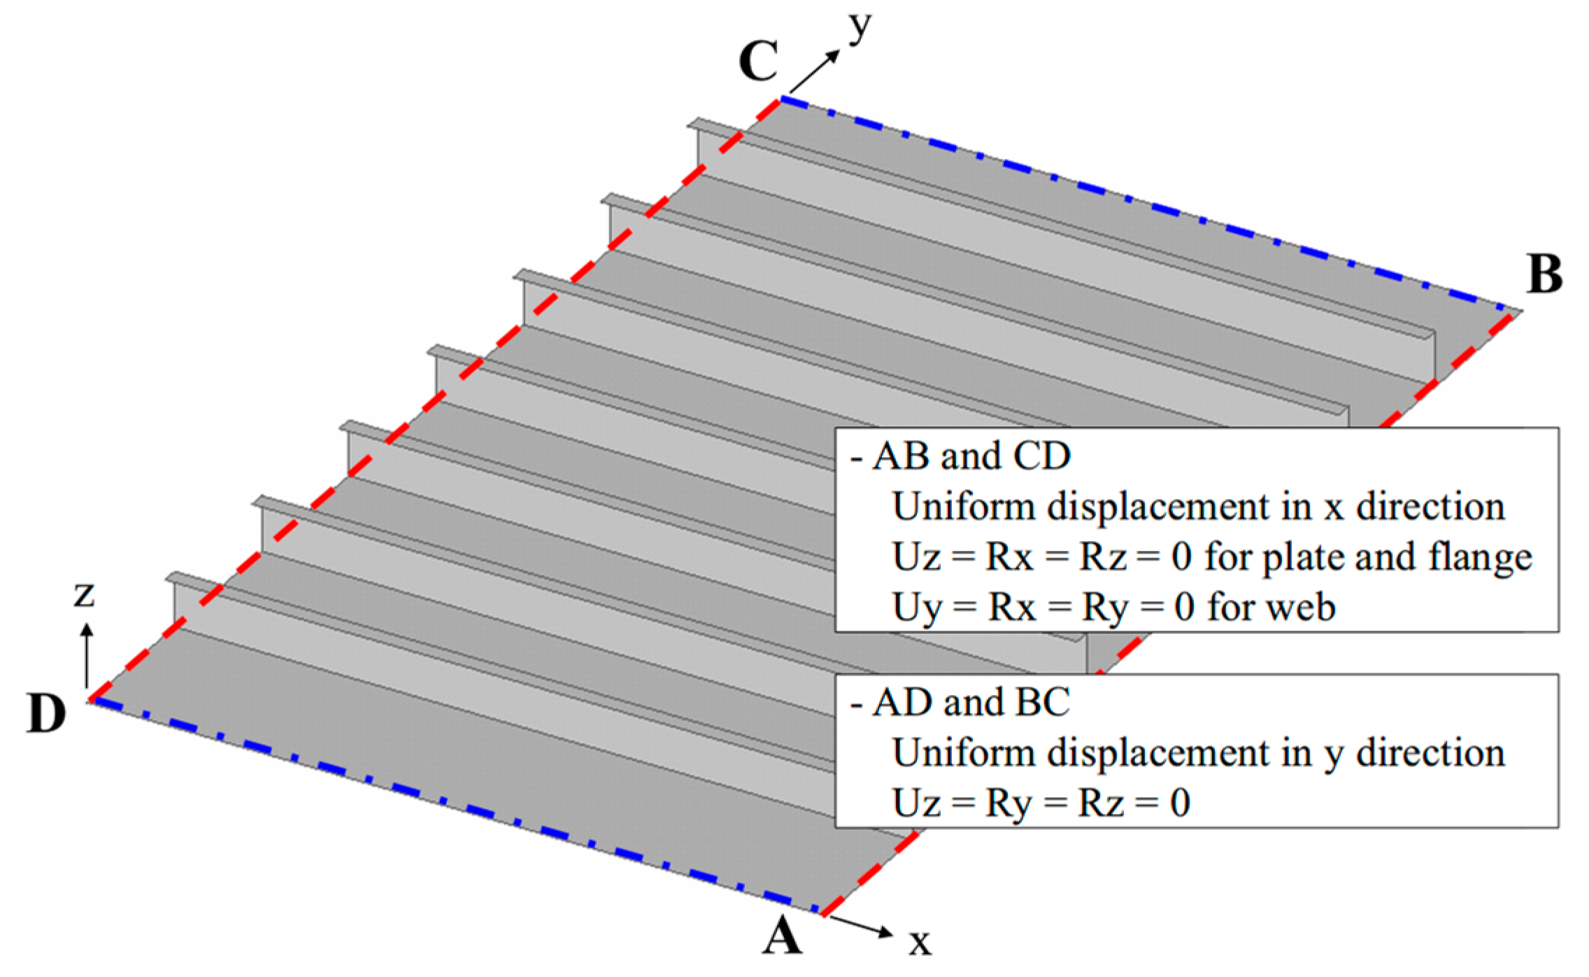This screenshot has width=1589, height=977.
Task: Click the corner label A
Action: point(781,936)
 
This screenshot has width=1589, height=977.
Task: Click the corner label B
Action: point(1544,274)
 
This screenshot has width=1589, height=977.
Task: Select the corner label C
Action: point(758,62)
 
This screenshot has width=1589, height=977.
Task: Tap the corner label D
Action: point(46,713)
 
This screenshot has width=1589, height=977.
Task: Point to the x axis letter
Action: point(920,942)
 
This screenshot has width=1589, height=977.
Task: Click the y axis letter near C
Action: point(860,28)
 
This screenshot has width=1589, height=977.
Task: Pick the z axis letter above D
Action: point(85,595)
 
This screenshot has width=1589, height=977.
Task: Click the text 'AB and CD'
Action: point(971,456)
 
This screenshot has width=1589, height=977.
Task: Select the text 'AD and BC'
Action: point(971,703)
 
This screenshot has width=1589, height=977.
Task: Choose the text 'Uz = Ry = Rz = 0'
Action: point(1041,803)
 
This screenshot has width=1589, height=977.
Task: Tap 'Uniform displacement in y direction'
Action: point(1199,753)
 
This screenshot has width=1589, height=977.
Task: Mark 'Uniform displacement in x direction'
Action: point(1199,507)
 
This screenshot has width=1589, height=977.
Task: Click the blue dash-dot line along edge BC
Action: point(1147,204)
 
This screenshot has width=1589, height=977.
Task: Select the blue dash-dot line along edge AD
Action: point(455,805)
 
